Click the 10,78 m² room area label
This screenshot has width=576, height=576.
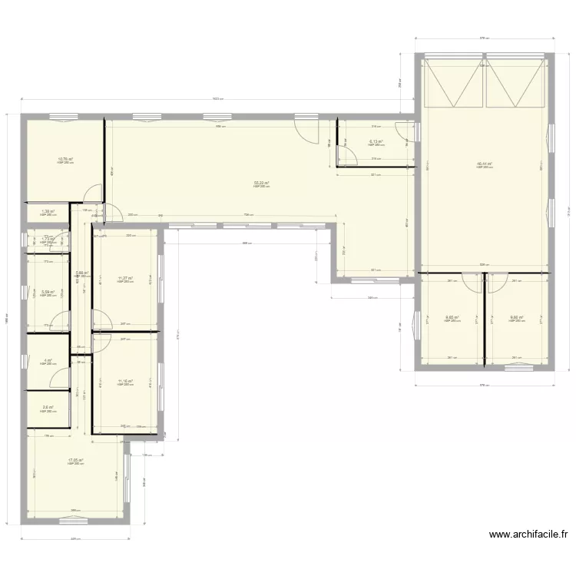(65, 160)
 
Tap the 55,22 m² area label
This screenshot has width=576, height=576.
(262, 183)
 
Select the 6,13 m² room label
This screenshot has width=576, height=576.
(376, 141)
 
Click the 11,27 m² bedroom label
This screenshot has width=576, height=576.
(125, 278)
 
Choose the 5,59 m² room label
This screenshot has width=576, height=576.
(48, 292)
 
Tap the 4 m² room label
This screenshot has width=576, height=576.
(48, 360)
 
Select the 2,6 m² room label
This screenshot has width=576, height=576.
(48, 408)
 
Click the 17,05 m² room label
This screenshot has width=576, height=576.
(74, 460)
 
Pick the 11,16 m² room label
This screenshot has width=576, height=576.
(125, 381)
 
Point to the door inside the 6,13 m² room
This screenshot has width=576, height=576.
(348, 157)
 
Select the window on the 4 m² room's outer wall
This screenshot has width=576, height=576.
(24, 362)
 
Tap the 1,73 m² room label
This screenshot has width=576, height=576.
(48, 240)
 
